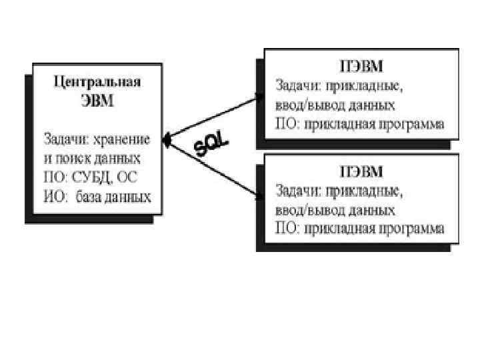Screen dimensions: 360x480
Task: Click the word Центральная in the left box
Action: pyautogui.click(x=97, y=83)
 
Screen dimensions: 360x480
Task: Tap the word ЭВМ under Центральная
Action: pyautogui.click(x=97, y=101)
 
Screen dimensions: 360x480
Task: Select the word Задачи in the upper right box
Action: pyautogui.click(x=297, y=86)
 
